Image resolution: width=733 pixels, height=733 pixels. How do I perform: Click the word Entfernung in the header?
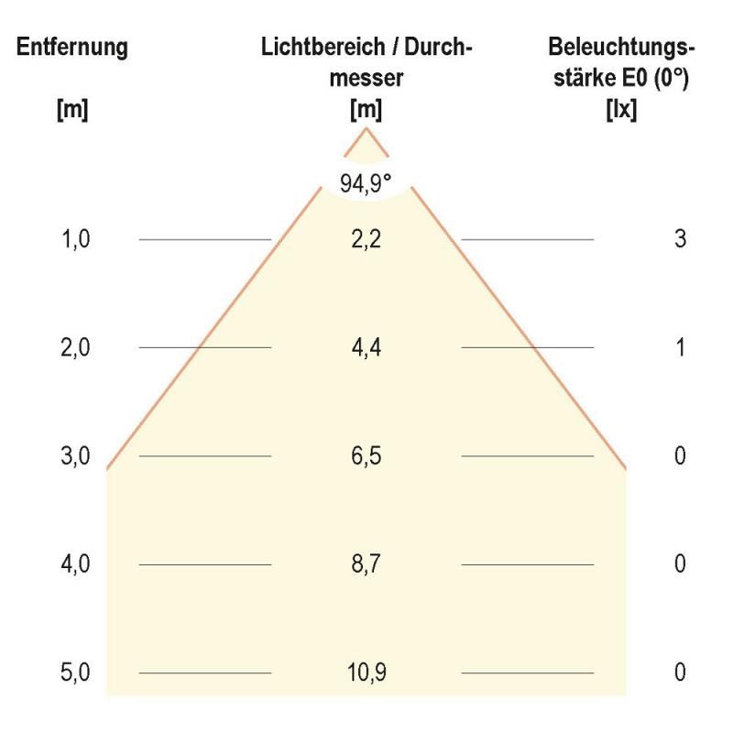click(x=72, y=48)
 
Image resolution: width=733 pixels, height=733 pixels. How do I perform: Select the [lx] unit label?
click(x=621, y=111)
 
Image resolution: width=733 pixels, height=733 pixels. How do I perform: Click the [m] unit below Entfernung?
click(x=72, y=111)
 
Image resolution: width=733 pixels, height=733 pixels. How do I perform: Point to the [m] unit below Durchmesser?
click(x=366, y=111)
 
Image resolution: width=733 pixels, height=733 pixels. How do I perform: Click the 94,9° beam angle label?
click(x=366, y=183)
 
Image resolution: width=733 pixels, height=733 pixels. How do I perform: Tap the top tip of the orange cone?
click(x=366, y=129)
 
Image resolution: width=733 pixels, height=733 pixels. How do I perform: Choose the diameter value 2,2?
click(x=366, y=239)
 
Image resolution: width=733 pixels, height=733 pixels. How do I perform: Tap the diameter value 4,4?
click(x=366, y=348)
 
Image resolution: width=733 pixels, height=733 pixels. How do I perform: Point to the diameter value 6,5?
click(x=366, y=456)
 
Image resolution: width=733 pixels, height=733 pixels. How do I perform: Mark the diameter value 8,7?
click(x=366, y=564)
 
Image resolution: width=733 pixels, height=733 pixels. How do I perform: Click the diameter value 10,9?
click(x=366, y=673)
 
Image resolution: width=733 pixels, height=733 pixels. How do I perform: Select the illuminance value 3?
click(x=680, y=239)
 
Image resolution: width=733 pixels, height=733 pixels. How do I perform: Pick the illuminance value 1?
click(x=680, y=348)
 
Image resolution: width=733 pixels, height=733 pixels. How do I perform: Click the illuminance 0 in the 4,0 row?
click(x=680, y=564)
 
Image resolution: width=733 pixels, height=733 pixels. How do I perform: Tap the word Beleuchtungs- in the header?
click(x=622, y=48)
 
